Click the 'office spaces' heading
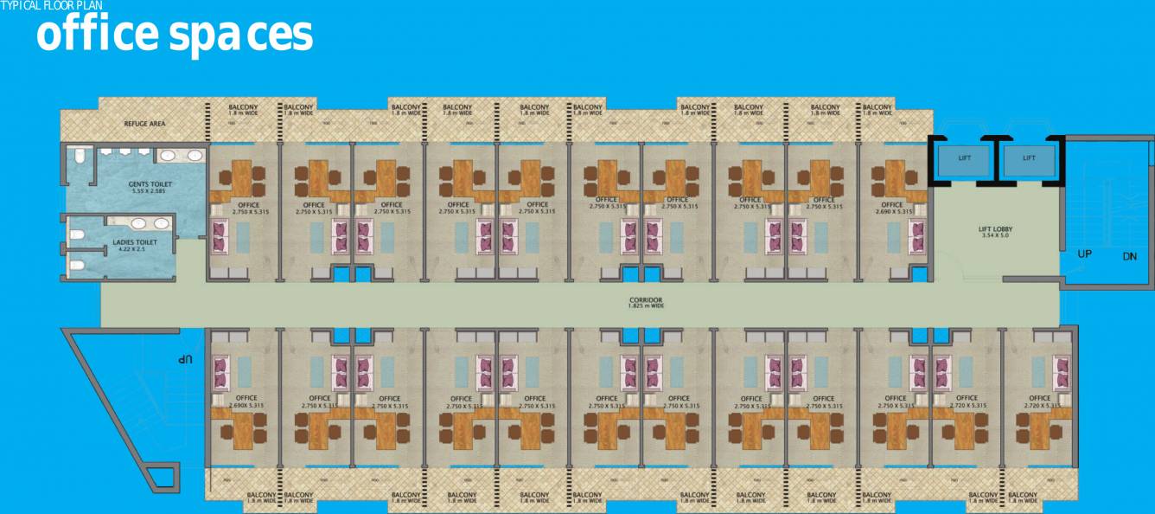(x=174, y=34)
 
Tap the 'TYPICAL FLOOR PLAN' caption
(x=51, y=6)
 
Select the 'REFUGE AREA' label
(x=144, y=124)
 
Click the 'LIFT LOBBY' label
(x=995, y=232)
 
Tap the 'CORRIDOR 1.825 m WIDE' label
(x=646, y=303)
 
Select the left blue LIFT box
(x=966, y=159)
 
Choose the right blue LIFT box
(x=1029, y=159)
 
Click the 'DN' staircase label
(x=1129, y=256)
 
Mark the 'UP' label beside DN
(x=1084, y=254)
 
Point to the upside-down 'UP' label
(x=184, y=358)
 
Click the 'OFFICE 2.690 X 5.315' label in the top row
(x=892, y=208)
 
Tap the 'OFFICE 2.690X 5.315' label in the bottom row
(x=246, y=401)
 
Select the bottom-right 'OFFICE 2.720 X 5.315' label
(x=1040, y=401)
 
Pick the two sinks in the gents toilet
(x=181, y=156)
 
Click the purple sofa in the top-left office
(x=220, y=236)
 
